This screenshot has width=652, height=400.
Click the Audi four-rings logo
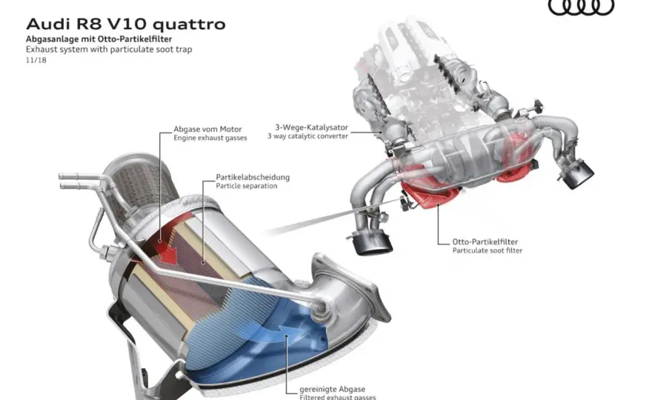coord(581,7)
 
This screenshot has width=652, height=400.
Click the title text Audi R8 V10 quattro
coord(125,24)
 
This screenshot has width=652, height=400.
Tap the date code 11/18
coord(36,60)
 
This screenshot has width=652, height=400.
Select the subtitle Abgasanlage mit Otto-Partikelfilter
coord(99,39)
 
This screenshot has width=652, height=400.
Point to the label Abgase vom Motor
coord(207,129)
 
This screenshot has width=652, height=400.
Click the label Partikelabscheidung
coord(253,177)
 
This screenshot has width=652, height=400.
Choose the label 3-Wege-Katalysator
coord(311,127)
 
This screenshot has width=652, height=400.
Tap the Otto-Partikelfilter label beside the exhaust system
coord(485,241)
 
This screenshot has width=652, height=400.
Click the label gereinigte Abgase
coord(332,389)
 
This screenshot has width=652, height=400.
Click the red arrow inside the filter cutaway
coord(167,251)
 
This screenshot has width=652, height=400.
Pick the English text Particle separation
coord(246,186)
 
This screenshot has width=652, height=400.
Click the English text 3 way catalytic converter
coord(307,136)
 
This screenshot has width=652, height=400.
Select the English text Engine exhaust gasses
coord(210,138)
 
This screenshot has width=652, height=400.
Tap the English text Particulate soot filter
coord(488,250)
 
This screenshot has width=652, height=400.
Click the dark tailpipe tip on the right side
coord(578,173)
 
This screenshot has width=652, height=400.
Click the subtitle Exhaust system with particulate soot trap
coord(109,49)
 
